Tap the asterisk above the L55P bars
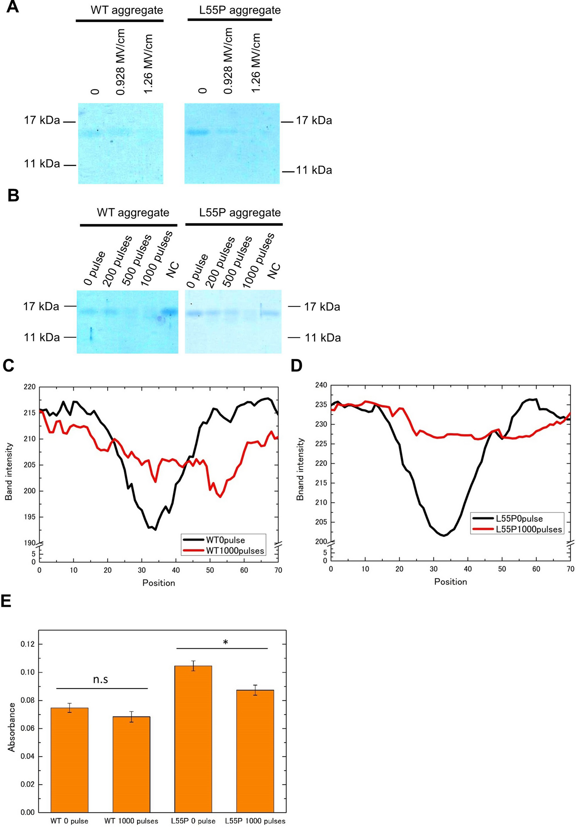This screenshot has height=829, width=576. pyautogui.click(x=225, y=643)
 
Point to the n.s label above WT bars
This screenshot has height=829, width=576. pyautogui.click(x=100, y=679)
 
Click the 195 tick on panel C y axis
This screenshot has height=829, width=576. pyautogui.click(x=30, y=517)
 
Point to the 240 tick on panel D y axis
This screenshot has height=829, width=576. pyautogui.click(x=321, y=385)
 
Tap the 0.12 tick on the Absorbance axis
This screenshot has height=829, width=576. pyautogui.click(x=28, y=644)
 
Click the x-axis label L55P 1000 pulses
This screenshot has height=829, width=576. pyautogui.click(x=255, y=821)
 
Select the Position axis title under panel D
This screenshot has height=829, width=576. pyautogui.click(x=450, y=582)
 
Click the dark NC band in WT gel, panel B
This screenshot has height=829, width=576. pyautogui.click(x=169, y=311)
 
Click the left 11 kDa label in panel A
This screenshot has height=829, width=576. pyautogui.click(x=42, y=164)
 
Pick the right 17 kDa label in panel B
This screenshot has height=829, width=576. pyautogui.click(x=322, y=307)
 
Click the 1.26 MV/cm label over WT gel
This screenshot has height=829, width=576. pyautogui.click(x=148, y=64)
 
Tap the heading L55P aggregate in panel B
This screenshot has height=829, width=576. pyautogui.click(x=240, y=212)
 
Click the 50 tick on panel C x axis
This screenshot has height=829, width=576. pyautogui.click(x=210, y=570)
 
